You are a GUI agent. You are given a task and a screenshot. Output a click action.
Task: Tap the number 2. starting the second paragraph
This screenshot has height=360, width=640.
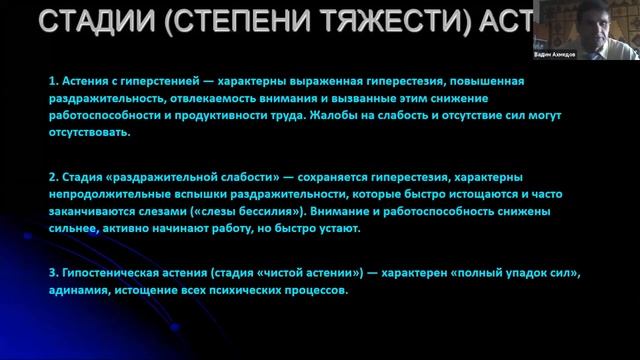53,177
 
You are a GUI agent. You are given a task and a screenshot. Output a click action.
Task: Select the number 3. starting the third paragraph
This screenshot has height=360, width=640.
53,273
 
